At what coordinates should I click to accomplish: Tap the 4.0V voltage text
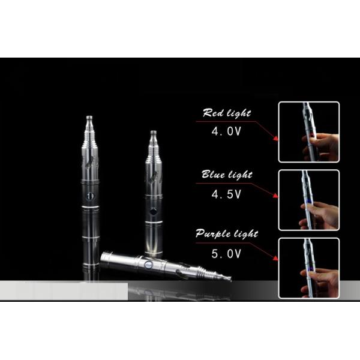point(226,131)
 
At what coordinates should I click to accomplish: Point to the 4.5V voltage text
point(226,194)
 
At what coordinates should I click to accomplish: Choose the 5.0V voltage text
point(226,254)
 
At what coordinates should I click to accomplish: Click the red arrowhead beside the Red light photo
point(276,138)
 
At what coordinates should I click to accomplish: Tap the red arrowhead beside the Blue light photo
point(276,196)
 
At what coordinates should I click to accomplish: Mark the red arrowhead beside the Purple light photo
point(275,258)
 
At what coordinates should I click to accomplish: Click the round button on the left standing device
point(90,196)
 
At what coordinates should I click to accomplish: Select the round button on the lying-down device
point(148,265)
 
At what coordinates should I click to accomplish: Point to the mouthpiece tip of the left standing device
point(89,118)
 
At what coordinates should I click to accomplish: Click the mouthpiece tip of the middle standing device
point(153,133)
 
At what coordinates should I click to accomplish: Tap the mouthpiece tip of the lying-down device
point(229,278)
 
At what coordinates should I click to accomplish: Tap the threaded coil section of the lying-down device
point(209,273)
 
